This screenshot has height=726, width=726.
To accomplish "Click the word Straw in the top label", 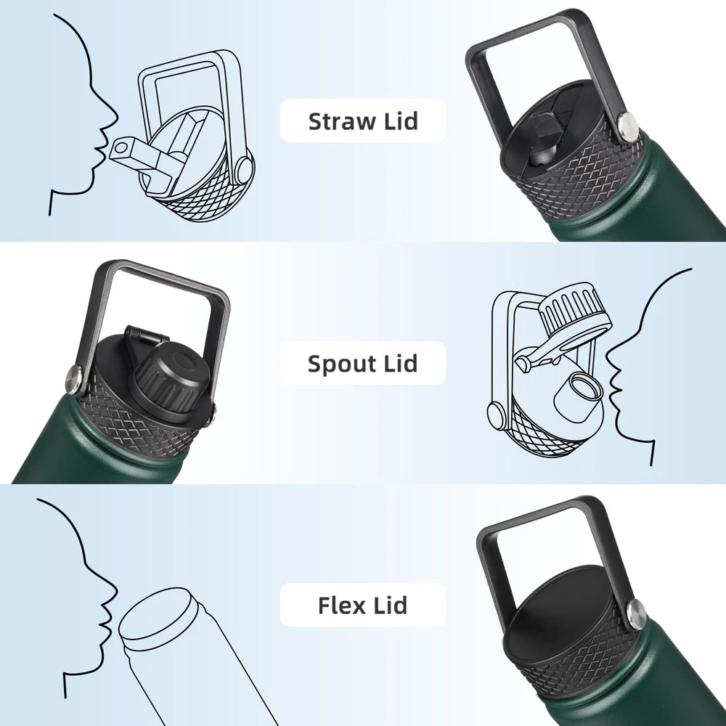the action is (342, 121).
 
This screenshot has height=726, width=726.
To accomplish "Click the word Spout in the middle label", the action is (343, 364).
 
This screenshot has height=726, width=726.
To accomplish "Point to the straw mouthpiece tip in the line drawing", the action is (121, 149).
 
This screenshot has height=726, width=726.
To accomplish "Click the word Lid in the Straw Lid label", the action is (401, 121).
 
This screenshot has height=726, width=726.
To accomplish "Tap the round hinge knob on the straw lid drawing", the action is (245, 170).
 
